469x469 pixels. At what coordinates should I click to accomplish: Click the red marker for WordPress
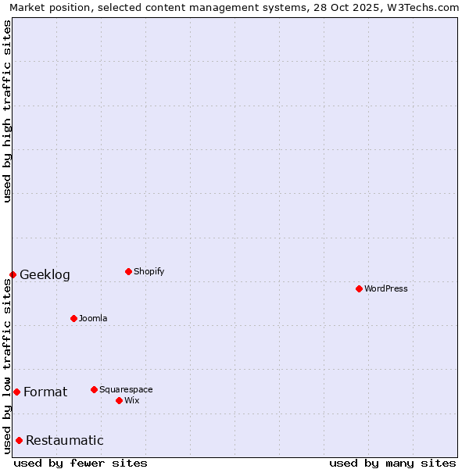click(359, 288)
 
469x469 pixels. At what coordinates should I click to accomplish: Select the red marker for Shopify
click(128, 271)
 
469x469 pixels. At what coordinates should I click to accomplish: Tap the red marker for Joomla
click(73, 318)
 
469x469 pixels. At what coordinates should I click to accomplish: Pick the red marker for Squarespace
click(94, 389)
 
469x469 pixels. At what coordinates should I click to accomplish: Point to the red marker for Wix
click(119, 400)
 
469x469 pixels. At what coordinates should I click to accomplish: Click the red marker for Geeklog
click(13, 274)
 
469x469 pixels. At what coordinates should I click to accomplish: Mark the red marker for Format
click(16, 392)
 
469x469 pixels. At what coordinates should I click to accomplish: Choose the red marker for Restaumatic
click(19, 440)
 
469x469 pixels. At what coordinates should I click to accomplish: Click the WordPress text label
click(386, 288)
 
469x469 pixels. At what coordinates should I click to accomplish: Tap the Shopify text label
click(149, 271)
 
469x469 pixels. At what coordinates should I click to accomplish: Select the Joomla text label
click(93, 318)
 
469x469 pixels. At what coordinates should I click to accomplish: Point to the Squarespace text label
click(126, 389)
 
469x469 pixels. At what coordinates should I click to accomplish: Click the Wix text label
click(131, 400)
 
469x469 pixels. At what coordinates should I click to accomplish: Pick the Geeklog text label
click(45, 274)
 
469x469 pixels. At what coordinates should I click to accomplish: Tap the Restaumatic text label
click(65, 440)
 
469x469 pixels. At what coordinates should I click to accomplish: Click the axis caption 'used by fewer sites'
click(81, 463)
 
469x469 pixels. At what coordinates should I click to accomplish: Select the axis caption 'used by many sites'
click(392, 463)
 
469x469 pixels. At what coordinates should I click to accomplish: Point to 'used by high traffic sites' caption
click(8, 111)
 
